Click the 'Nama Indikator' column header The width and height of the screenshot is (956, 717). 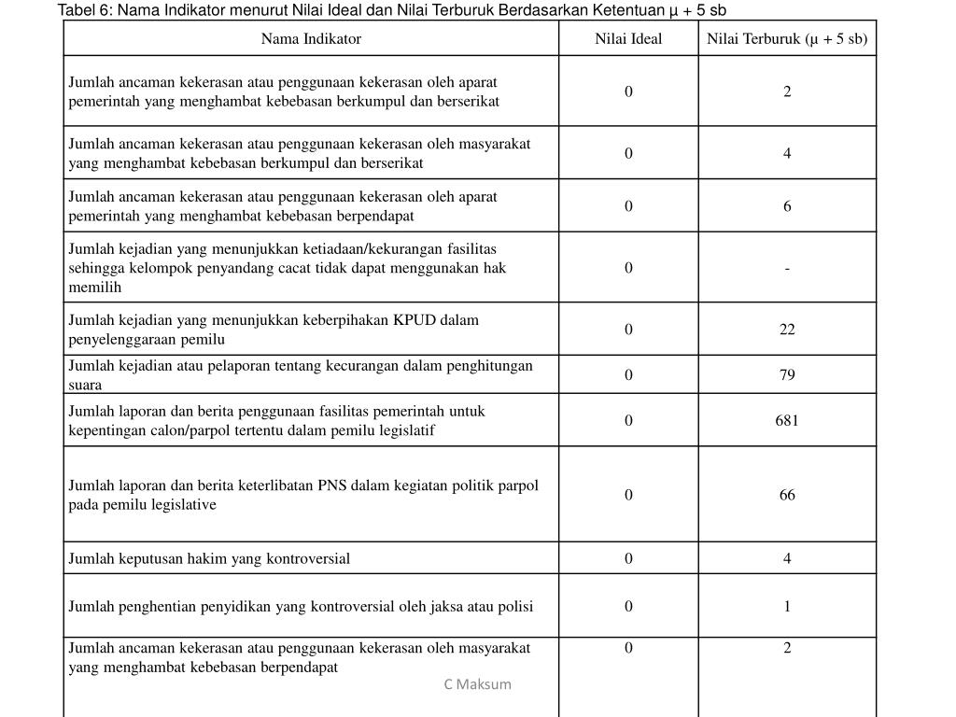[311, 38]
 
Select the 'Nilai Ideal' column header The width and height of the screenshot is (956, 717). [628, 38]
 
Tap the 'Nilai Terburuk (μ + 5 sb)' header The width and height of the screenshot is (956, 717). [787, 38]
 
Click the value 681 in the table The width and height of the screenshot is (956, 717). [787, 420]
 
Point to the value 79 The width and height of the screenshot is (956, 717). [787, 374]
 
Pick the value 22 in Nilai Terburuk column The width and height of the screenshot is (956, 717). [787, 329]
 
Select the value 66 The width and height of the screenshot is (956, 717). [787, 495]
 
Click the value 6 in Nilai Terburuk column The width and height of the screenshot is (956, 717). [787, 206]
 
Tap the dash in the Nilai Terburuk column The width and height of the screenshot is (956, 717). [787, 268]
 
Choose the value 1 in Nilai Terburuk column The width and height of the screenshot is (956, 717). [787, 606]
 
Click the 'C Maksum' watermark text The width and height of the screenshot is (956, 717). [477, 684]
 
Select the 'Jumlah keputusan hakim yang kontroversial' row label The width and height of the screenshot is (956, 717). [209, 558]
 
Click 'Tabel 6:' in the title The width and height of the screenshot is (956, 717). [86, 10]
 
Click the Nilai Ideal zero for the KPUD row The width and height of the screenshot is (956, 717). [628, 329]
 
